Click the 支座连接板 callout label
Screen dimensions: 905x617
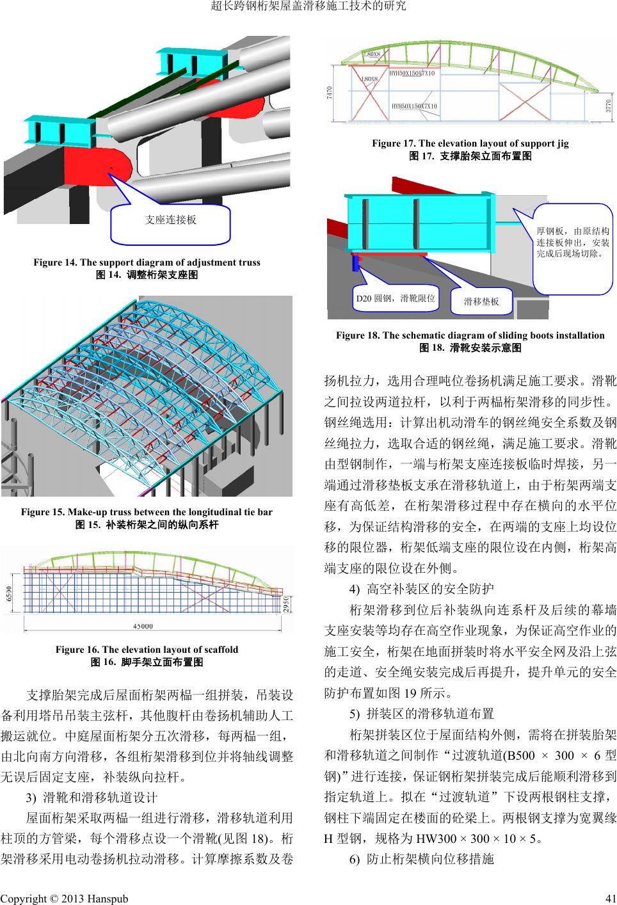170,220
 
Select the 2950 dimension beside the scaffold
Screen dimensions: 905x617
287,604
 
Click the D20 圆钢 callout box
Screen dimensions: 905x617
395,298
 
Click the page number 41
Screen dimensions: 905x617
609,899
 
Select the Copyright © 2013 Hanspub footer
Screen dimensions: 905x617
65,899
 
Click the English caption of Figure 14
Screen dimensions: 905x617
147,262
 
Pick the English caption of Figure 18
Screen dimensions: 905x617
470,335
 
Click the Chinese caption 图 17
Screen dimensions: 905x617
470,156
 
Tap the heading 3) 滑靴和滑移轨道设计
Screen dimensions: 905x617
91,797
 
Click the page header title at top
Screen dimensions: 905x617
308,7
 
